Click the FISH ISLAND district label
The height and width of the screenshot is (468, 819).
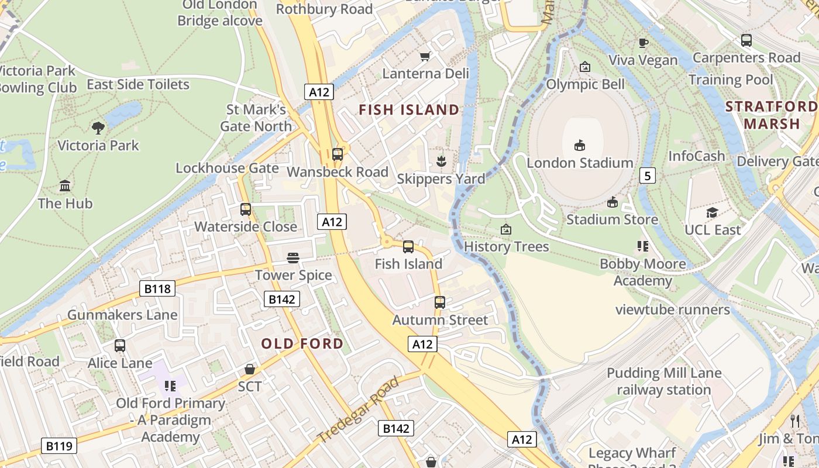click(x=409, y=110)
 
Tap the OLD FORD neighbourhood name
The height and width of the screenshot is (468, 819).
click(x=302, y=343)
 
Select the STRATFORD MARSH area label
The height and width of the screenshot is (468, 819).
click(x=771, y=115)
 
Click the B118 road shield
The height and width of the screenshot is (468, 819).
click(x=157, y=288)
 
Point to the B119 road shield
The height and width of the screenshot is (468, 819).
click(x=59, y=446)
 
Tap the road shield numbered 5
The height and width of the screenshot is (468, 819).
click(x=647, y=175)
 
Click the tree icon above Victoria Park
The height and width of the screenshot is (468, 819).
click(x=98, y=128)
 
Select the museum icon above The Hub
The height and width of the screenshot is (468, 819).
click(x=65, y=186)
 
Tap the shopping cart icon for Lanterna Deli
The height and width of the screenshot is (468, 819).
click(x=425, y=56)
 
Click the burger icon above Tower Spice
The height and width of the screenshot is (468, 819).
click(x=293, y=257)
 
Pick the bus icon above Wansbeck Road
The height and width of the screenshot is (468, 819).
click(x=338, y=154)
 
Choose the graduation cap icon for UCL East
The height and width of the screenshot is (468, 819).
click(x=712, y=212)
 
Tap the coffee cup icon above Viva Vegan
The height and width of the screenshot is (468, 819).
click(x=643, y=42)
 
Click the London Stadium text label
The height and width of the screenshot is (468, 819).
click(x=580, y=163)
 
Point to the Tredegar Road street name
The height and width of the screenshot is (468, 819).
click(x=358, y=409)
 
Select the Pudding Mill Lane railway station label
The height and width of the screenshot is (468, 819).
click(x=664, y=381)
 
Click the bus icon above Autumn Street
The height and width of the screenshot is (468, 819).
click(x=440, y=302)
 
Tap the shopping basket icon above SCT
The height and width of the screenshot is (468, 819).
click(x=250, y=369)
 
